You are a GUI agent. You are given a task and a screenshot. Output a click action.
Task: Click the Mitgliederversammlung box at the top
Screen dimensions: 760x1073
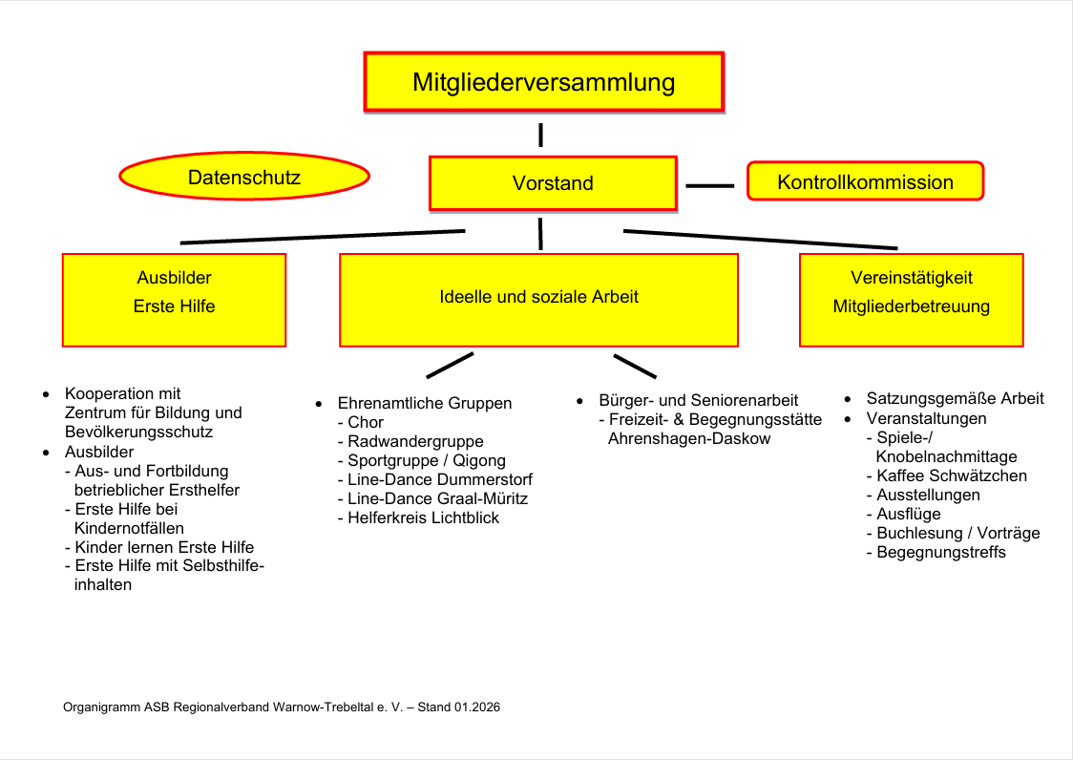tap(543, 82)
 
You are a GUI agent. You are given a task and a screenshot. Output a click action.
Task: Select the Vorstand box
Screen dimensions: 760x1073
tap(553, 183)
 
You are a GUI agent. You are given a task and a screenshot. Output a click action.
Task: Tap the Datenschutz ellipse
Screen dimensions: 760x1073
tap(244, 178)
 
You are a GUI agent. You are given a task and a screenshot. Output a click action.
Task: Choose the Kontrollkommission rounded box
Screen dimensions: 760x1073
tap(865, 181)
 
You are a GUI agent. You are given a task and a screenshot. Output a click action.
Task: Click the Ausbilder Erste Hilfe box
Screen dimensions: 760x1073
tap(174, 299)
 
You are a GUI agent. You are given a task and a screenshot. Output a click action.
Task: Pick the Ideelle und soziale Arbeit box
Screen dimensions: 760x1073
tap(538, 299)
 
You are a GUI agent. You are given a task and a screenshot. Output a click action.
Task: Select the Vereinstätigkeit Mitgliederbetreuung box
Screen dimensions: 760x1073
tap(911, 299)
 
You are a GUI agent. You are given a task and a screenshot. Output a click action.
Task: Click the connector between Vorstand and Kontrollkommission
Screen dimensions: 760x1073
tap(710, 185)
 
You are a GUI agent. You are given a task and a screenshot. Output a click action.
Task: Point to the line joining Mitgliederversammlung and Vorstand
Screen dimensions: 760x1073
tap(541, 135)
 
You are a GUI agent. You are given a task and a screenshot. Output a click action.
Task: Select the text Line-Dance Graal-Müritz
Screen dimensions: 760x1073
tap(437, 498)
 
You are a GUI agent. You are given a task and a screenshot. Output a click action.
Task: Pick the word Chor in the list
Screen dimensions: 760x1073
tap(366, 422)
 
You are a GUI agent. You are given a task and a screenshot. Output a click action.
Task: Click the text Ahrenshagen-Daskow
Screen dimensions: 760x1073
tap(688, 438)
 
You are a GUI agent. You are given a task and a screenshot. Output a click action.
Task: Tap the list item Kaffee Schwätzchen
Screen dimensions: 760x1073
tap(952, 475)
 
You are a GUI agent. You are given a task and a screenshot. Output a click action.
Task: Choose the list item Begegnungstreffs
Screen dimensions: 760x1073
tap(941, 552)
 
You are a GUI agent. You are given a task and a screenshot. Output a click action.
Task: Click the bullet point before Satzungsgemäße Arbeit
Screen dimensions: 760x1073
tap(848, 399)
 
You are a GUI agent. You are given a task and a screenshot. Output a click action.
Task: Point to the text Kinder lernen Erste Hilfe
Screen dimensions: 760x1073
tap(164, 547)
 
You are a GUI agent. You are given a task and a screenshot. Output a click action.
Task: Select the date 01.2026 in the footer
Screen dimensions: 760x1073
tap(477, 707)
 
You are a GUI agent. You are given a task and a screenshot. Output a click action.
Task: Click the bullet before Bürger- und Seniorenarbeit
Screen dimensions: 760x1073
tap(580, 401)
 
